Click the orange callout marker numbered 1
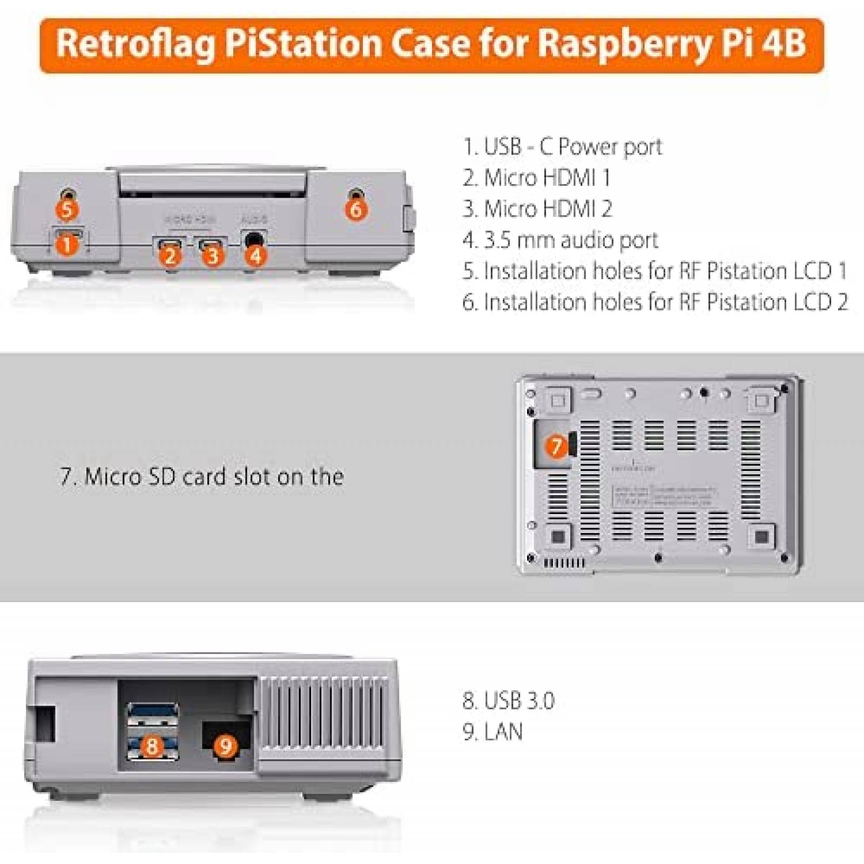[67, 245]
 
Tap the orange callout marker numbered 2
[171, 255]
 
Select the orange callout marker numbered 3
[213, 255]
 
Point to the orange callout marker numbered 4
[256, 255]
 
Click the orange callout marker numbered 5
[67, 210]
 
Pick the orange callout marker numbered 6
[356, 209]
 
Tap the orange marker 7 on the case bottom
[556, 446]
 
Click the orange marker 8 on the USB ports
[152, 746]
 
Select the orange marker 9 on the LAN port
[226, 746]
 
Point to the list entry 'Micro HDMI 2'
[537, 209]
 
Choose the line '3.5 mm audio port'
[560, 240]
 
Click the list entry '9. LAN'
[492, 732]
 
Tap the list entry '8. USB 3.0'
[508, 700]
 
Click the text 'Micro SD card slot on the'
[201, 477]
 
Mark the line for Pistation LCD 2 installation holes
[655, 302]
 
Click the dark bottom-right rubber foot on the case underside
[761, 536]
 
